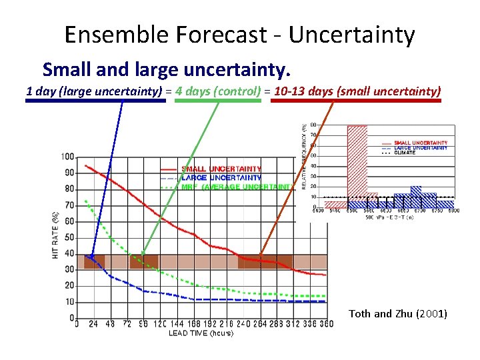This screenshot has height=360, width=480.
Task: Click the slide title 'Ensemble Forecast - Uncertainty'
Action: pyautogui.click(x=240, y=34)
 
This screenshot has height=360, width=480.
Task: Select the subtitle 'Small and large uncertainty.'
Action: pyautogui.click(x=167, y=69)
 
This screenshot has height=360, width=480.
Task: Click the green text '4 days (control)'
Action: pyautogui.click(x=219, y=91)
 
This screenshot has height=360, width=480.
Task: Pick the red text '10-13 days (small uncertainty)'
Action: pyautogui.click(x=357, y=91)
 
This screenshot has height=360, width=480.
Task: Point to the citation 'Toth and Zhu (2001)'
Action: pyautogui.click(x=398, y=313)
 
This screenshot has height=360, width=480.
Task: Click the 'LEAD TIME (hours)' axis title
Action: pyautogui.click(x=201, y=333)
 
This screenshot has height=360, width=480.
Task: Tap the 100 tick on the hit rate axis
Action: pyautogui.click(x=67, y=157)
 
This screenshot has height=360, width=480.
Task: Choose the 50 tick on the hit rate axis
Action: pyautogui.click(x=69, y=237)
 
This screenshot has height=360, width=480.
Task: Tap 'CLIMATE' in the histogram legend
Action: pyautogui.click(x=405, y=153)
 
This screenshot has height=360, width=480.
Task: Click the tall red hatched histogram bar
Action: pyautogui.click(x=357, y=160)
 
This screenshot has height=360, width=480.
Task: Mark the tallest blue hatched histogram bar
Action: pyautogui.click(x=416, y=197)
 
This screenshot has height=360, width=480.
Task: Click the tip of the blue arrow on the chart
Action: pyautogui.click(x=91, y=257)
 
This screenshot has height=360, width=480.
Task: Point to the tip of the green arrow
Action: pyautogui.click(x=142, y=255)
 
